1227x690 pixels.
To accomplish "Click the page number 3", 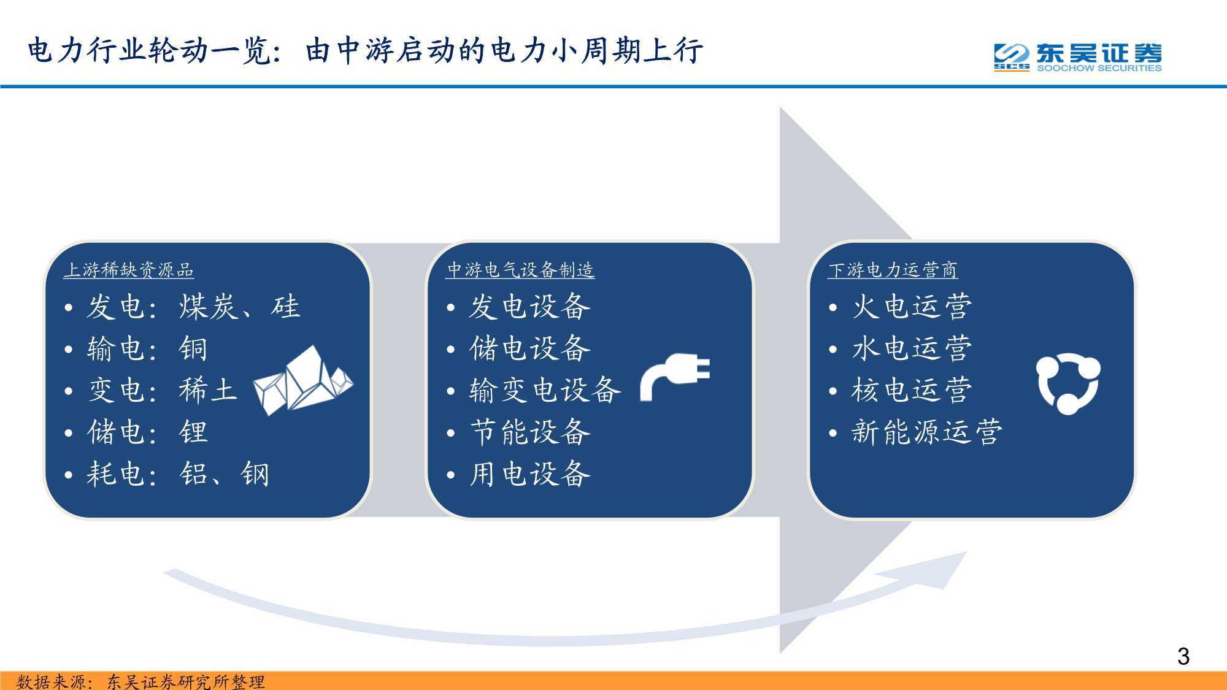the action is pos(1183,656).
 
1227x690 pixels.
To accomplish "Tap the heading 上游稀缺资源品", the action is pos(129,270).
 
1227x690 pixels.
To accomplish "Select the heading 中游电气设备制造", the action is pos(520,270).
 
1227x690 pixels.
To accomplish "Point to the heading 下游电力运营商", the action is pos(893,270).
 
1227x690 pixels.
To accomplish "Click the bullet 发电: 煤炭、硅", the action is pos(182,307).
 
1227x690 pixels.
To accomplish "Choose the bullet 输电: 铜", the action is pos(136,349).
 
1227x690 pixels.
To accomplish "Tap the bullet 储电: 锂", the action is pos(136,432).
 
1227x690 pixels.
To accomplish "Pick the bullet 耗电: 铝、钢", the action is pos(167,474).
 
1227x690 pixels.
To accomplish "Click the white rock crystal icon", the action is pos(304,380).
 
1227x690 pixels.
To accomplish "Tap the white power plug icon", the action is pos(675,377).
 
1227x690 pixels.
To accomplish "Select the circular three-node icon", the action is pos(1068,383).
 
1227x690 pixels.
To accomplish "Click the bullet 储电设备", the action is pos(518,349).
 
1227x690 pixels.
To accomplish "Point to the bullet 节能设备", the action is pos(518,432).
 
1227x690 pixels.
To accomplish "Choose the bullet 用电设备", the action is pos(518,474).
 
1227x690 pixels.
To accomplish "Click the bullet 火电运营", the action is pos(900,307).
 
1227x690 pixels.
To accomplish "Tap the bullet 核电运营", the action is pos(900,390).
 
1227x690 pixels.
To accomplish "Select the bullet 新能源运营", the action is pos(915,432).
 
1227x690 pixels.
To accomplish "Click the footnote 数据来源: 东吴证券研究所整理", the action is pos(140,681).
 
